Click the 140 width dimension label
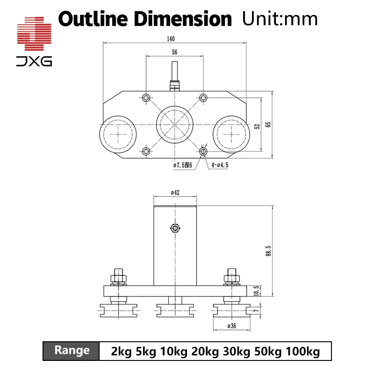[171, 39]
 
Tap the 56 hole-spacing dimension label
[174, 52]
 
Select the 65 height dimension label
[268, 124]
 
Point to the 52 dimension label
[257, 126]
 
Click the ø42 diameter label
[175, 193]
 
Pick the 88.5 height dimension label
[268, 251]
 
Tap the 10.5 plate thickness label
[256, 291]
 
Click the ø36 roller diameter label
[231, 326]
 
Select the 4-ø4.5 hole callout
[220, 165]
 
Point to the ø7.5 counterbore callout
[183, 165]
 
